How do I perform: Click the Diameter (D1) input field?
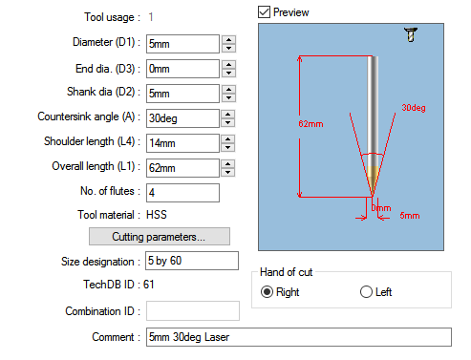click(182, 44)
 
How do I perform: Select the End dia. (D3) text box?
click(182, 69)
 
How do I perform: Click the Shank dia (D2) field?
click(182, 94)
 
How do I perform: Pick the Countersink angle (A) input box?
click(182, 118)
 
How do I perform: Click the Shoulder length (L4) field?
click(182, 143)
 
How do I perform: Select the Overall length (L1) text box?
click(182, 168)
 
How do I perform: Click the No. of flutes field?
click(182, 193)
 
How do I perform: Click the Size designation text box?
click(191, 261)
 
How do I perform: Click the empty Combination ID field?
click(191, 310)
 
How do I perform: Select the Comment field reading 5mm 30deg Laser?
click(296, 336)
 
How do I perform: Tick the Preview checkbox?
click(265, 11)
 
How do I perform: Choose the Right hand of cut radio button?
click(268, 292)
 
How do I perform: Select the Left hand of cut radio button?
click(366, 292)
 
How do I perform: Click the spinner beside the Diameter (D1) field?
click(228, 44)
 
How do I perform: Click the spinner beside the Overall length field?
click(228, 168)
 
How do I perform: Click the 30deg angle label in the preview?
click(413, 108)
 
